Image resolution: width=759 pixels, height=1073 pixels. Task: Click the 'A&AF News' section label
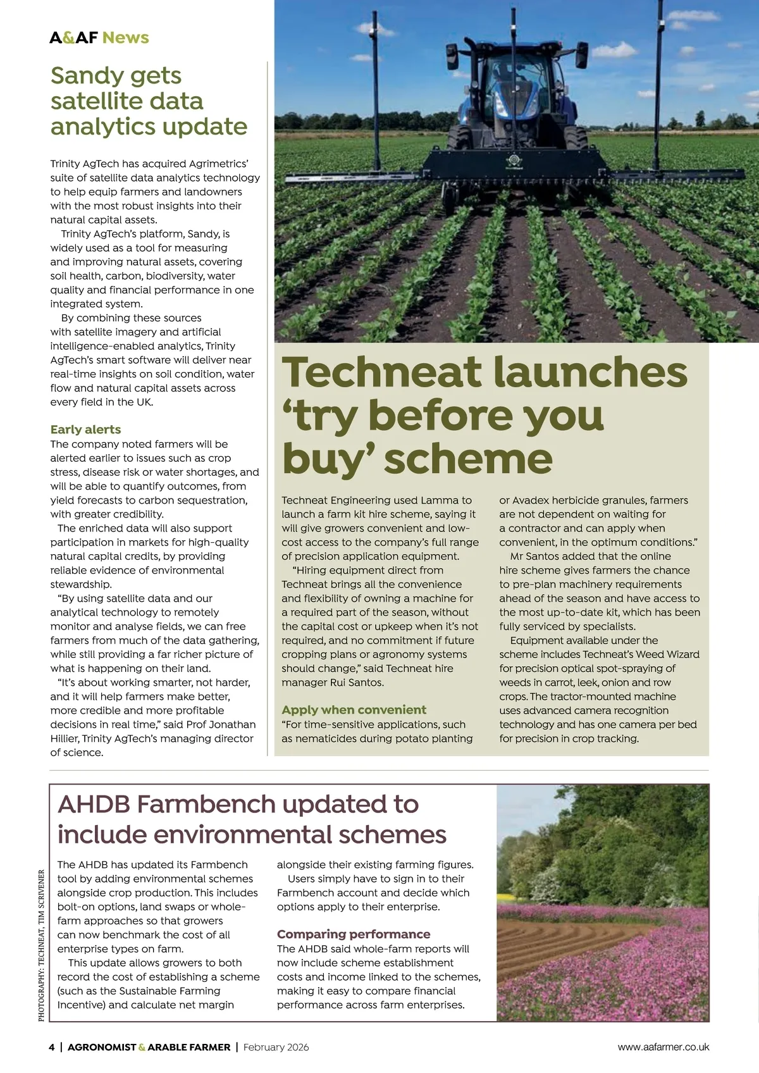click(99, 37)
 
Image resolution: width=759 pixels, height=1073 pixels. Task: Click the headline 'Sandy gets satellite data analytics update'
click(149, 101)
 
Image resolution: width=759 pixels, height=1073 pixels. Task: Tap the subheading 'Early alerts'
click(85, 430)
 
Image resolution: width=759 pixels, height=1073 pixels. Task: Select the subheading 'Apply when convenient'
click(354, 710)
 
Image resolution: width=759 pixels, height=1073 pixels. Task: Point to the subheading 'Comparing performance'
click(354, 934)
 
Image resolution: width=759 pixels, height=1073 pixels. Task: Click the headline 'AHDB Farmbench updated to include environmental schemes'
click(252, 819)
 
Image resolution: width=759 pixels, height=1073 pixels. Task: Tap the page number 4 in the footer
click(52, 1047)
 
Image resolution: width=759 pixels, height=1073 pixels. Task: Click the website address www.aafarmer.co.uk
click(663, 1047)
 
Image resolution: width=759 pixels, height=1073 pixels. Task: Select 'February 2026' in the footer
click(276, 1047)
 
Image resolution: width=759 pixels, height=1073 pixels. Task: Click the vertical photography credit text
click(42, 945)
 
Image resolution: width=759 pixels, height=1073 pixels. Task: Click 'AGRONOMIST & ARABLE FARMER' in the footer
click(149, 1047)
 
